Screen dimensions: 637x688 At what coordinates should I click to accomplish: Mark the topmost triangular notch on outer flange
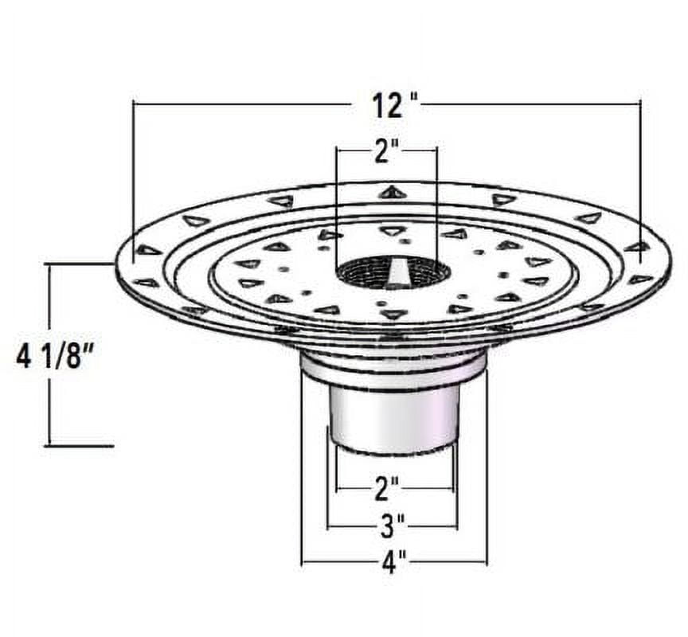point(392,192)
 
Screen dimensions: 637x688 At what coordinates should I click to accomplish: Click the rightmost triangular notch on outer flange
point(637,247)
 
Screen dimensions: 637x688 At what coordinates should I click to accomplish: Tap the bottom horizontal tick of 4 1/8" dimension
point(79,446)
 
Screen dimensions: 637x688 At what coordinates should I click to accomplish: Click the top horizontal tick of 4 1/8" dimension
point(79,264)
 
